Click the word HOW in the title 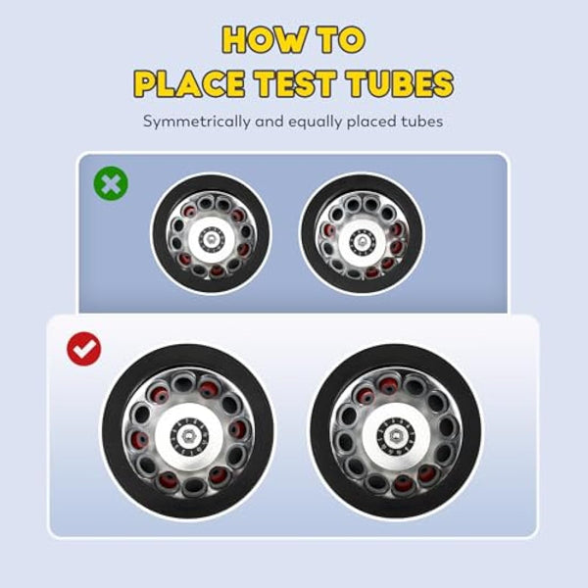(x=265, y=40)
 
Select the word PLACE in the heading (x=189, y=83)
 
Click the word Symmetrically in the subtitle (x=196, y=122)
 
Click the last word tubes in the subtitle (x=421, y=122)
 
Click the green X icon (x=111, y=183)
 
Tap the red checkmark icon (x=84, y=349)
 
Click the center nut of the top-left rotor (x=211, y=238)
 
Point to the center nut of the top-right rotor (x=362, y=239)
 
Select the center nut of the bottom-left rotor (x=187, y=435)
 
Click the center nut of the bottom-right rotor (x=395, y=435)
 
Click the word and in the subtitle (x=269, y=122)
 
